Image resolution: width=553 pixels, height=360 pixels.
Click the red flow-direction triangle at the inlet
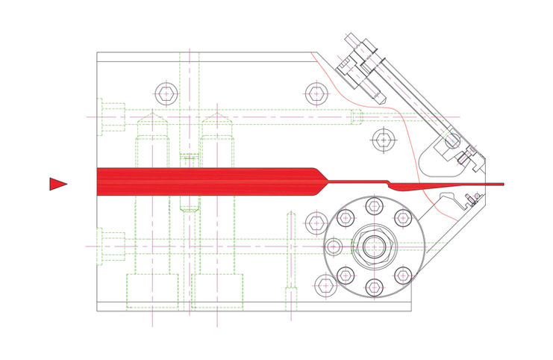57,184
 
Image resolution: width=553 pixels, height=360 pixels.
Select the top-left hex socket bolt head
166,94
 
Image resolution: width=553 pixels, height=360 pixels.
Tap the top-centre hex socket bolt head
316,94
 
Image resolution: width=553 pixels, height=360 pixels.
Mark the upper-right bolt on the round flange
402,217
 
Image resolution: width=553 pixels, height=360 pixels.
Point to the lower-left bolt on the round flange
345,275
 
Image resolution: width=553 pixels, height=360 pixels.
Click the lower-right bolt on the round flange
402,275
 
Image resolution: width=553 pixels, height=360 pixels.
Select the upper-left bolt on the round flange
345,217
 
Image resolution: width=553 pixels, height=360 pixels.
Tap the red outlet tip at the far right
502,184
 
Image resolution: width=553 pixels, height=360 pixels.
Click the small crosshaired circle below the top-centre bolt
382,139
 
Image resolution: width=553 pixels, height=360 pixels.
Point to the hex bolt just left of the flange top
315,221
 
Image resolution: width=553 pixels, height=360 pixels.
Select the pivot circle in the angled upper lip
452,140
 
